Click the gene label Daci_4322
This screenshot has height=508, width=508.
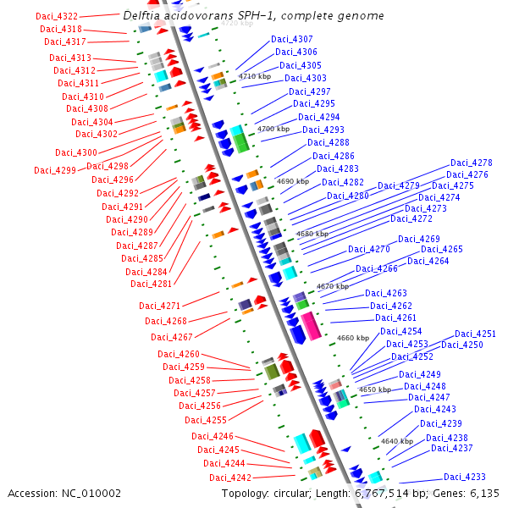(57, 16)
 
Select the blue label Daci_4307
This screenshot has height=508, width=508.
(292, 39)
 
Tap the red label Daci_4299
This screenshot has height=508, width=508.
(55, 170)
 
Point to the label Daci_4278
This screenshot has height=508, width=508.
(472, 163)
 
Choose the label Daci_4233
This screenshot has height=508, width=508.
(465, 477)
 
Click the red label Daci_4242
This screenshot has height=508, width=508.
(230, 478)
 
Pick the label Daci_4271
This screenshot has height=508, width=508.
(159, 306)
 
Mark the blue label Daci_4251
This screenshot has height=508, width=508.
(475, 334)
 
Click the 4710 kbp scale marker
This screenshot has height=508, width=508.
(255, 76)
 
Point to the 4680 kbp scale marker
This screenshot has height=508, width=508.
(312, 234)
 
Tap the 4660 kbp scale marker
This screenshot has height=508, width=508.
(353, 338)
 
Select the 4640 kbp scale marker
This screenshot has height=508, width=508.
(397, 441)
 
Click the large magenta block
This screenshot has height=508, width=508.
(311, 326)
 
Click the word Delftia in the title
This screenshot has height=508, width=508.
(141, 15)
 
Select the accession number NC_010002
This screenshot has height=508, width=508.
(91, 494)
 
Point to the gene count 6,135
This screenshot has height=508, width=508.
(484, 494)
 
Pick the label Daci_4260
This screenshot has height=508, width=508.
(179, 354)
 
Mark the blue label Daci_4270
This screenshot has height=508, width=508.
(369, 249)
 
